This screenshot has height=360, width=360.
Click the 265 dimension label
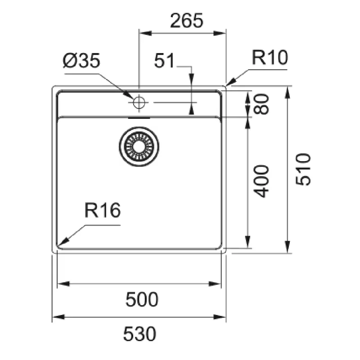click(187, 20)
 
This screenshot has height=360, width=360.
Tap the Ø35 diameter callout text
click(81, 60)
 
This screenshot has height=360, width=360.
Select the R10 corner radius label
click(270, 58)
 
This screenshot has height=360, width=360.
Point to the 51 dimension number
click(164, 60)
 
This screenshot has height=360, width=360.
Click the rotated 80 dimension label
click(261, 104)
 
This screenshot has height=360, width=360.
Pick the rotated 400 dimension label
click(262, 181)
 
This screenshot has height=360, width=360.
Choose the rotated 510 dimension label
click(303, 169)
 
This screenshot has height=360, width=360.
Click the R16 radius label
click(103, 210)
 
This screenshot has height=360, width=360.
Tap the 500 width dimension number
click(142, 299)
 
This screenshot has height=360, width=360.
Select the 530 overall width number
click(139, 334)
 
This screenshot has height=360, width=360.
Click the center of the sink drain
click(139, 147)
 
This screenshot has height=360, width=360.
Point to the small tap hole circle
click(139, 103)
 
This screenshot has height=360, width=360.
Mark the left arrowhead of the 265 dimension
click(145, 33)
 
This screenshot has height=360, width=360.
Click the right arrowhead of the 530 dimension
click(220, 317)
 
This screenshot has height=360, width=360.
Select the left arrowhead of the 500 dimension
click(63, 284)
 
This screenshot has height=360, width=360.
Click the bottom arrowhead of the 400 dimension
click(247, 242)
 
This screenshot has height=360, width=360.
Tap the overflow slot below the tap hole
click(139, 118)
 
